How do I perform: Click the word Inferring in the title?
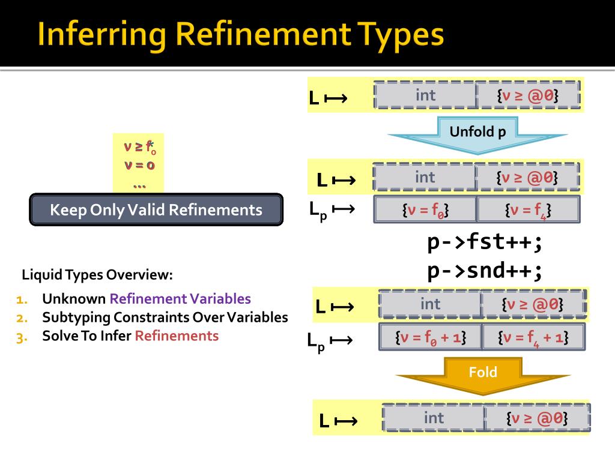(101, 35)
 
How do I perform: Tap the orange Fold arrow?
(483, 375)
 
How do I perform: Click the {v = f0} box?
(425, 209)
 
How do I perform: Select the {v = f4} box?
(529, 209)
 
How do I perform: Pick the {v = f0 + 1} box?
(430, 337)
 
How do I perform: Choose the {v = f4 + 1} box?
(533, 337)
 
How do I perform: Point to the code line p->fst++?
(485, 243)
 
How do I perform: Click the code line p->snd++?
(485, 271)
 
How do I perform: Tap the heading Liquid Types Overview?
(97, 276)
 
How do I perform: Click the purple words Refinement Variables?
(180, 299)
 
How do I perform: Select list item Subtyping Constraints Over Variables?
(165, 318)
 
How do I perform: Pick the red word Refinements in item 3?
(177, 336)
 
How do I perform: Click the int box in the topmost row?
(425, 95)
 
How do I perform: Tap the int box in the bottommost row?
(434, 417)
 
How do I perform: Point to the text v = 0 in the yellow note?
(139, 165)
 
